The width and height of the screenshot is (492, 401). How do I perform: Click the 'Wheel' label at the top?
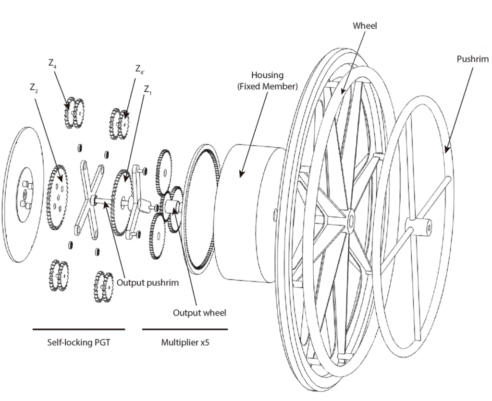pos(365,26)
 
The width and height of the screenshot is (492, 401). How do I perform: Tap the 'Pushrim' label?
pos(472,59)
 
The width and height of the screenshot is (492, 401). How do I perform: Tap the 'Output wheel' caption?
pos(199,312)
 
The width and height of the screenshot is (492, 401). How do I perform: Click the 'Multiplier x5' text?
pos(184,343)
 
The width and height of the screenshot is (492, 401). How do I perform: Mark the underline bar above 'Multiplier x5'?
pos(184,330)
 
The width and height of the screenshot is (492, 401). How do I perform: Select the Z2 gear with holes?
pos(57,197)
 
